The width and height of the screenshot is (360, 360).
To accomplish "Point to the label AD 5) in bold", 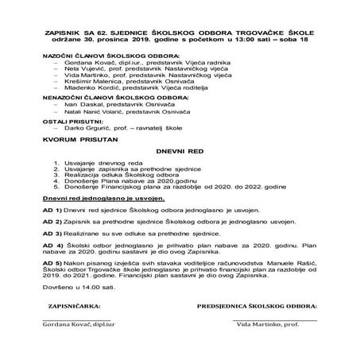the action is point(52,260).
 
